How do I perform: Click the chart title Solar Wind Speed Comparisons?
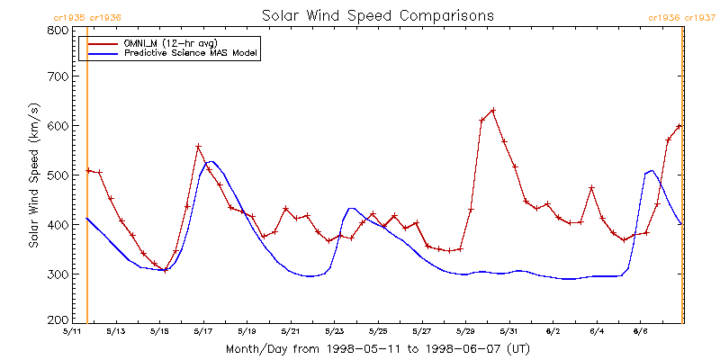378,16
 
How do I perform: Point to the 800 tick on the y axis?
58,30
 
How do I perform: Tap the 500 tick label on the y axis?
58,175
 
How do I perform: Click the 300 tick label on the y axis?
58,274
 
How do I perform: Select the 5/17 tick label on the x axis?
202,330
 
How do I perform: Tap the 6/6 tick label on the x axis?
640,330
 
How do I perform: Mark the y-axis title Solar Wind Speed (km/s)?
33,175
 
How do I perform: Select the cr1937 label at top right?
700,17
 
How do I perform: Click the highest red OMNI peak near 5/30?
492,111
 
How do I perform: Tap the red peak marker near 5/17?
198,147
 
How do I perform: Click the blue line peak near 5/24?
351,209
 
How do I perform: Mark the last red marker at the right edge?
679,126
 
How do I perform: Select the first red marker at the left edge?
88,170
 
